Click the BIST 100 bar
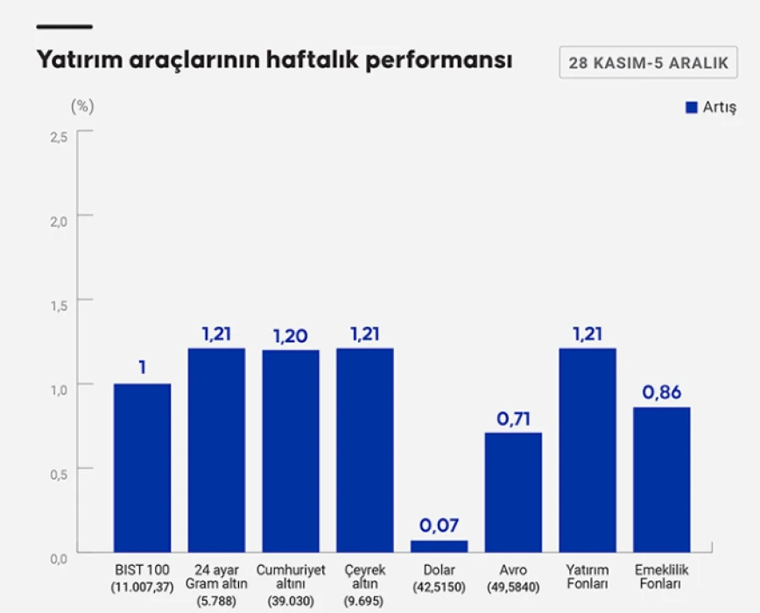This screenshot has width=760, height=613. [x=142, y=468]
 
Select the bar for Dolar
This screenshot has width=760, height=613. [x=439, y=546]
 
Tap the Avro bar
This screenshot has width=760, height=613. [x=513, y=492]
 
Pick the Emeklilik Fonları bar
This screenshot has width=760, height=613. [x=662, y=479]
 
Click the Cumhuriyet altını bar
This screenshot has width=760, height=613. [x=291, y=451]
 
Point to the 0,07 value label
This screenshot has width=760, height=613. [x=439, y=525]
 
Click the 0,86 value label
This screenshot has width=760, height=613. [x=662, y=392]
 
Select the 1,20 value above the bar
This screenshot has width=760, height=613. [x=291, y=335]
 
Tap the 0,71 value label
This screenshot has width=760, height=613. [x=513, y=418]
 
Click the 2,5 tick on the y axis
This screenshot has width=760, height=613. [x=59, y=137]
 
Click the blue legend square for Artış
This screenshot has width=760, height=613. [x=691, y=107]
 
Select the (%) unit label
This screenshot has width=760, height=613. [x=82, y=106]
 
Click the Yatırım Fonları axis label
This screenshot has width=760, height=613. [x=588, y=576]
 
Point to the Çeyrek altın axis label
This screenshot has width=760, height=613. [x=365, y=576]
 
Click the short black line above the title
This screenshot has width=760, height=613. [x=64, y=27]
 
